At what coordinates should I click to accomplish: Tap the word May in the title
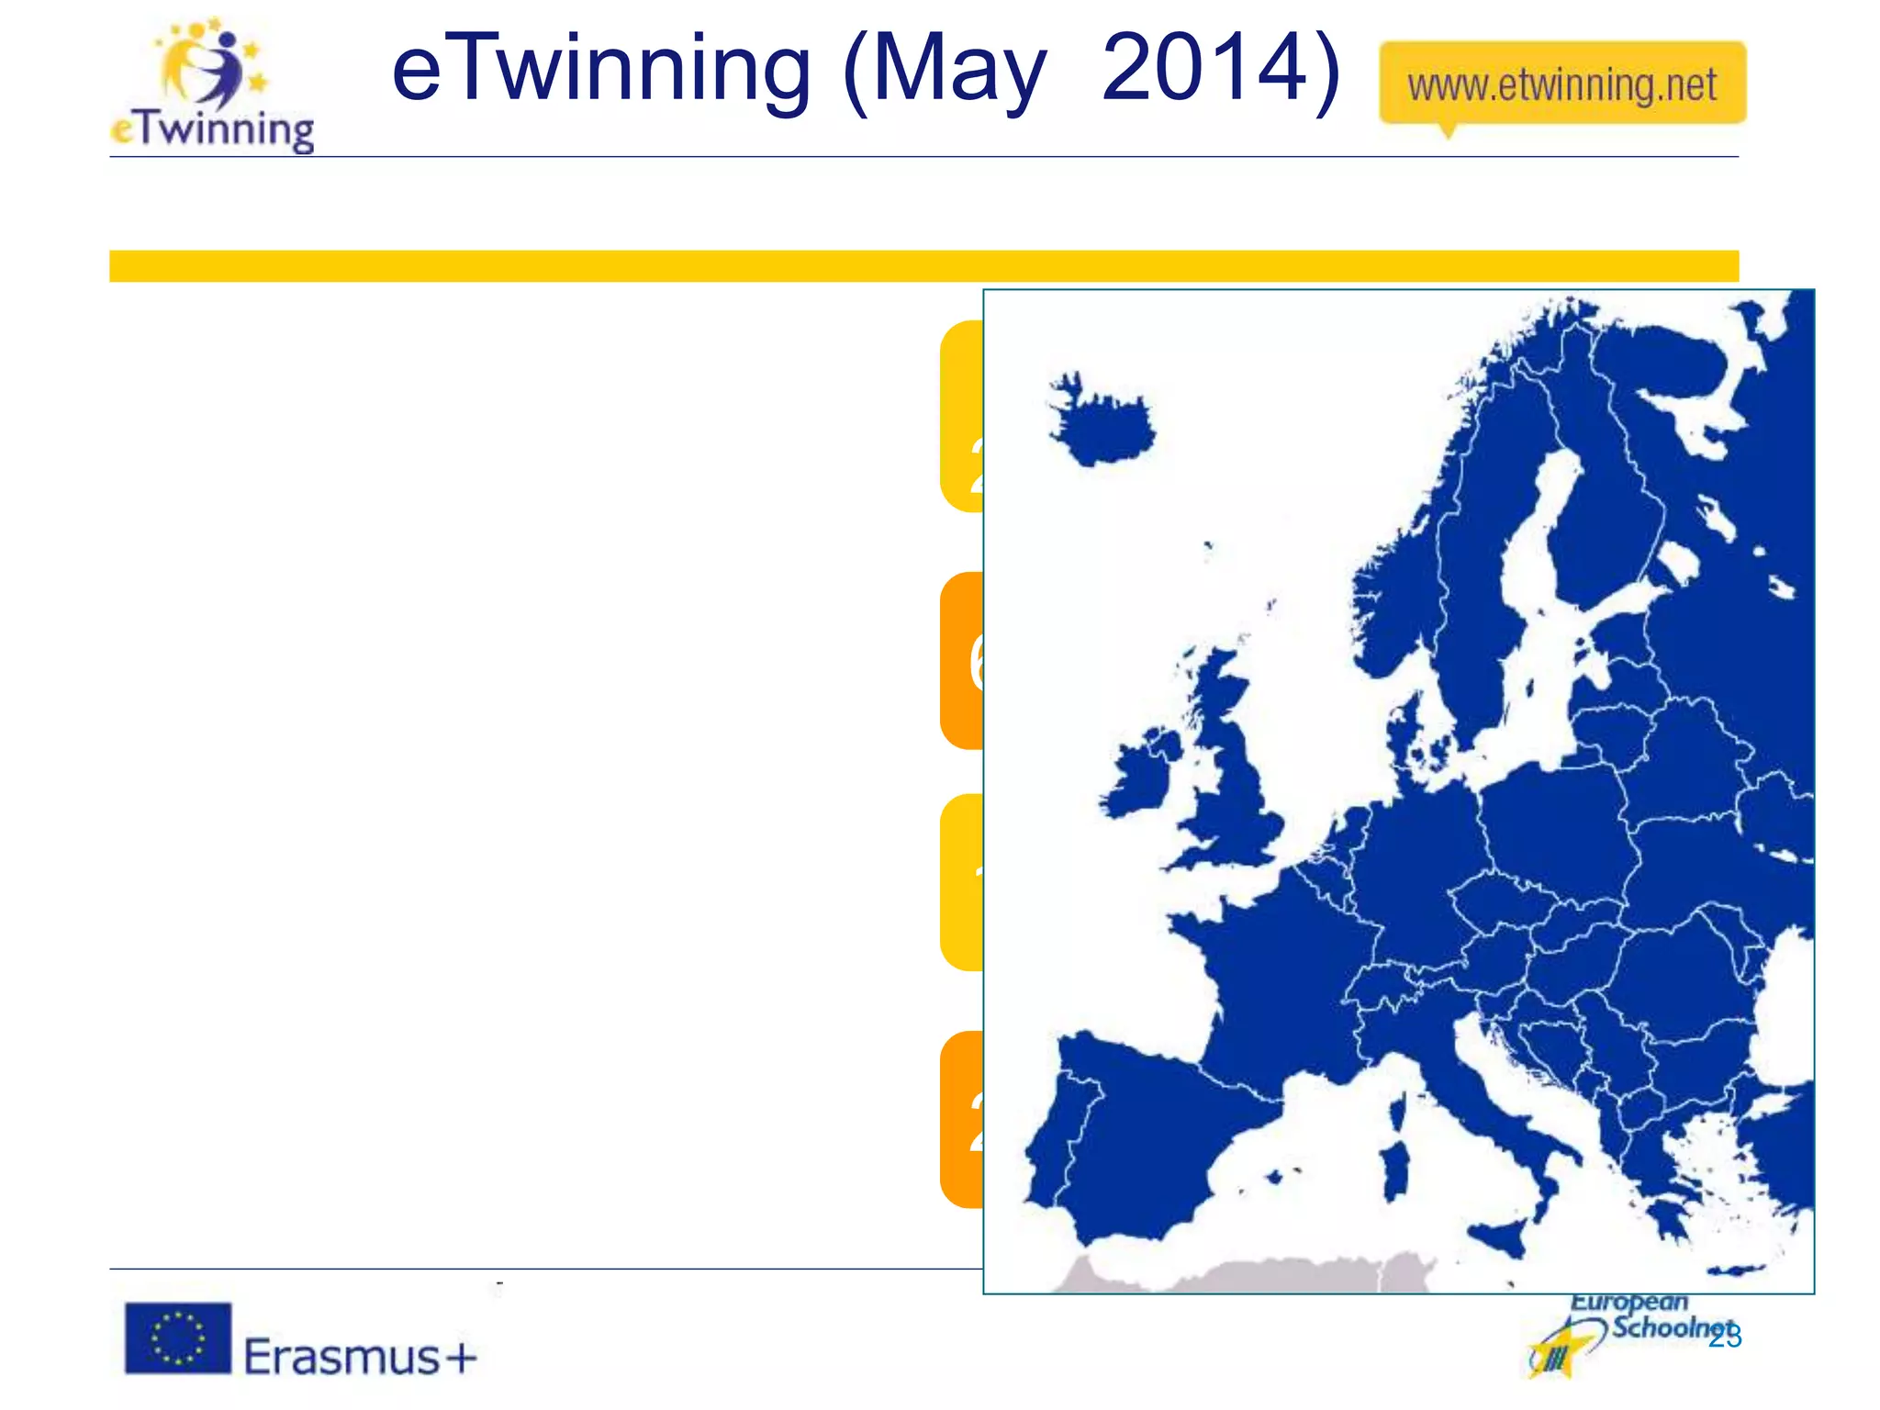tap(960, 71)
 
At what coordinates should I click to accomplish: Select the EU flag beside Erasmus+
tap(178, 1337)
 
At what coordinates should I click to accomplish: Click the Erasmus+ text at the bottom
tap(360, 1356)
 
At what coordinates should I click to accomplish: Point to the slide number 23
tap(1725, 1337)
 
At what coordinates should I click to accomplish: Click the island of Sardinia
tap(1395, 1172)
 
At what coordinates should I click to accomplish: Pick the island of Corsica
tap(1397, 1112)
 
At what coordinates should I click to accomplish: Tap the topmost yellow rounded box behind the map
tap(961, 415)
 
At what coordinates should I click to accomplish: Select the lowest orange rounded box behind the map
tap(961, 1119)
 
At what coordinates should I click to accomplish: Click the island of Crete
tap(1738, 1271)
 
